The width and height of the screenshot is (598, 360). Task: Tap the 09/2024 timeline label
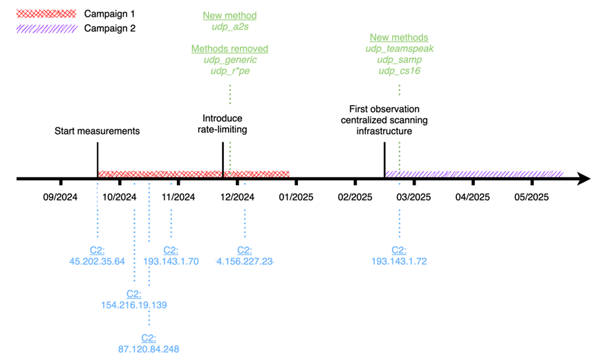(x=61, y=197)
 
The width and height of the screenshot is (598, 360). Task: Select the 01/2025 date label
(x=296, y=197)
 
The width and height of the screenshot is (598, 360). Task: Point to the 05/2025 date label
(x=531, y=197)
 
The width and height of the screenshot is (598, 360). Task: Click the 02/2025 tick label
(x=355, y=197)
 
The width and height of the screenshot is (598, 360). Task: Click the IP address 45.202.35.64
(x=97, y=260)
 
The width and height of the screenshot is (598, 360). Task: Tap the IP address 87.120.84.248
(x=149, y=348)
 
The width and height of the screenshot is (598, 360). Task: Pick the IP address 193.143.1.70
(x=171, y=260)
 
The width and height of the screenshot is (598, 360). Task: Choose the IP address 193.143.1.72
(x=399, y=260)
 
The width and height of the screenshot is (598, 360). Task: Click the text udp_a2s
(x=230, y=26)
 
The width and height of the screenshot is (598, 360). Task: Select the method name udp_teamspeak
(x=399, y=48)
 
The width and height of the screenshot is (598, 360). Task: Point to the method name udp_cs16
(x=399, y=70)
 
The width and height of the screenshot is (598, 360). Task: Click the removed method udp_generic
(x=230, y=60)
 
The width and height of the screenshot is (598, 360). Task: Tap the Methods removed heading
(x=230, y=49)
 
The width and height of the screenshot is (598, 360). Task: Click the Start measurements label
(x=97, y=131)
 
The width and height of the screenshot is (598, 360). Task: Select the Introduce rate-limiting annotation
(x=223, y=124)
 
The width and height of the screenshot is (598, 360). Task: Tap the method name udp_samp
(x=399, y=59)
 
